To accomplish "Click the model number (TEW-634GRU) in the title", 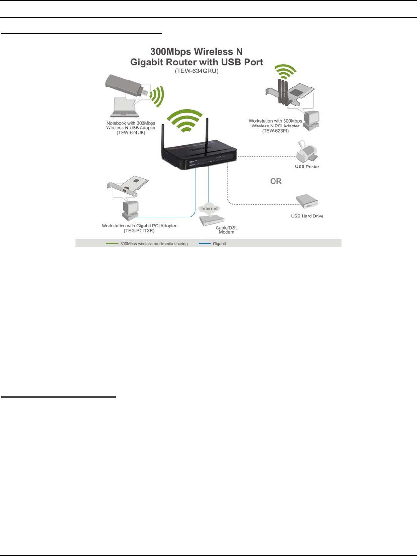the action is point(196,71).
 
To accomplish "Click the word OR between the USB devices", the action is point(276,181).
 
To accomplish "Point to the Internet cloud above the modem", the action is point(209,208).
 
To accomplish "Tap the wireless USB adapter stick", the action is point(126,87).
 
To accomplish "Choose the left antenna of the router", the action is point(163,137).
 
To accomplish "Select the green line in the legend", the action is point(112,243).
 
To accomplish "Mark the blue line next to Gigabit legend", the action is point(204,243).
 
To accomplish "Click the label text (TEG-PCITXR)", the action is point(139,231).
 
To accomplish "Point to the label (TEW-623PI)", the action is point(275,131).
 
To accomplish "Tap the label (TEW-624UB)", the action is point(131,133).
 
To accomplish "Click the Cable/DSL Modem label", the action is point(226,230).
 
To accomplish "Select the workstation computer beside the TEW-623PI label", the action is point(311,120).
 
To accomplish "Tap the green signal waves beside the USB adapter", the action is point(157,96).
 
